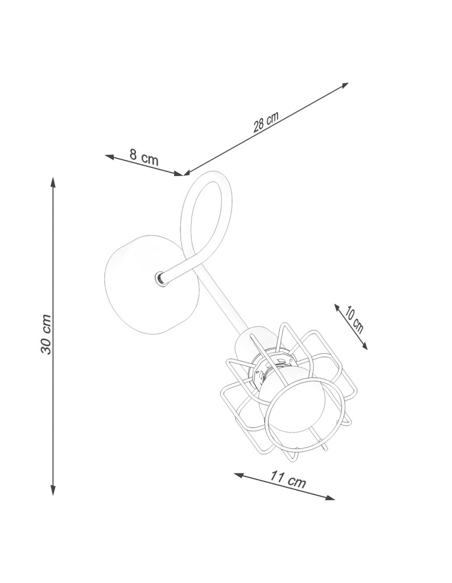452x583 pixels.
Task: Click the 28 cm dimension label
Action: pyautogui.click(x=266, y=121)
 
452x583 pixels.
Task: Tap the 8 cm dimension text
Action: pyautogui.click(x=144, y=156)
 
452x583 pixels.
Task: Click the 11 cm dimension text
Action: pyautogui.click(x=288, y=479)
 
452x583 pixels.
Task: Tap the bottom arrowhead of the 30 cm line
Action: pyautogui.click(x=53, y=490)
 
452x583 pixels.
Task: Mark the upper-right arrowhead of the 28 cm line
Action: pyautogui.click(x=344, y=85)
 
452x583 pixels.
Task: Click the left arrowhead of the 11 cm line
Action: pyautogui.click(x=239, y=475)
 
